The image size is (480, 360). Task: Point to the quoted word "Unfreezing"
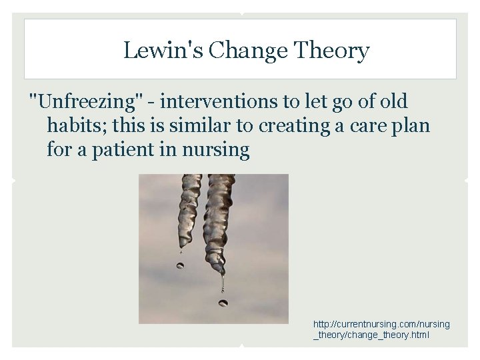point(87,101)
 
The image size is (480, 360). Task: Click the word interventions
point(217,101)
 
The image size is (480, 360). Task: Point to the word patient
point(117,149)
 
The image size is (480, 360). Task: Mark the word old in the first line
point(393,101)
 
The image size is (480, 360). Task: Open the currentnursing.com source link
point(381,329)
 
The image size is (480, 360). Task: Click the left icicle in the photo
point(190,207)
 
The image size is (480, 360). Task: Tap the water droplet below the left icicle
point(181,265)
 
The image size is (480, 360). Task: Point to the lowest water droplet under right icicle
point(223,303)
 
